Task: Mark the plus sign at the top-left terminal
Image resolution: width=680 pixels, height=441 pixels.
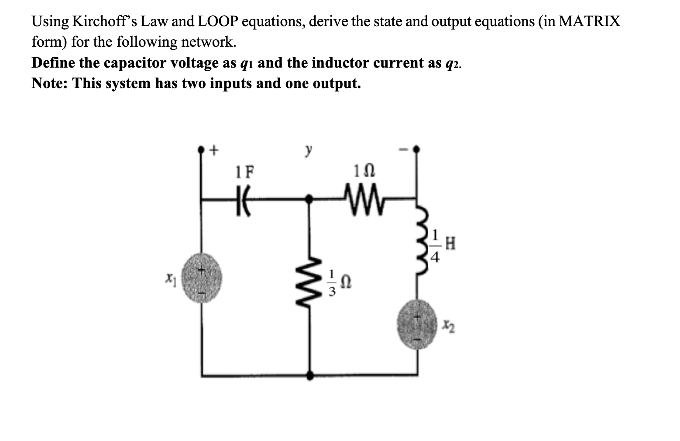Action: click(213, 150)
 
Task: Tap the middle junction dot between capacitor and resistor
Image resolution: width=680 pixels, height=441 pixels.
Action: click(309, 199)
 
